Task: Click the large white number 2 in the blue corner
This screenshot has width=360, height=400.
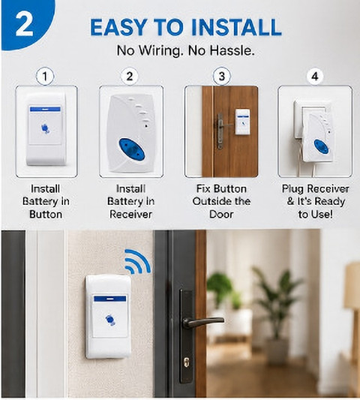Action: point(25,25)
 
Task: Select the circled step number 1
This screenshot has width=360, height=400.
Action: point(45,77)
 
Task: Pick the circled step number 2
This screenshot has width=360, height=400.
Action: point(130,77)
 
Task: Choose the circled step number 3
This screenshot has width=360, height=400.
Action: point(222,77)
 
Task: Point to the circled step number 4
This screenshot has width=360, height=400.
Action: point(315,77)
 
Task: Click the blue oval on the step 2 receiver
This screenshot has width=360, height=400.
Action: point(131,149)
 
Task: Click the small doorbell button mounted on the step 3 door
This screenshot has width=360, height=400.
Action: point(242,122)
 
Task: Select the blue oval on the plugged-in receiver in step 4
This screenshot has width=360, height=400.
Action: point(321,146)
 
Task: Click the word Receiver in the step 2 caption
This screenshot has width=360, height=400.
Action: point(130,214)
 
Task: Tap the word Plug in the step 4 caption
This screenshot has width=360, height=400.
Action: point(292,189)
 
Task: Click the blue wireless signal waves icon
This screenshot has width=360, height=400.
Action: point(138,261)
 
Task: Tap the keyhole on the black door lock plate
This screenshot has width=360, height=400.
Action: point(186,362)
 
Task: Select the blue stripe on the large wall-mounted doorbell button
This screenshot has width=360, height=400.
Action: point(110,299)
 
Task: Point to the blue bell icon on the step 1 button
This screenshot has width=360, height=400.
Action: point(45,128)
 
